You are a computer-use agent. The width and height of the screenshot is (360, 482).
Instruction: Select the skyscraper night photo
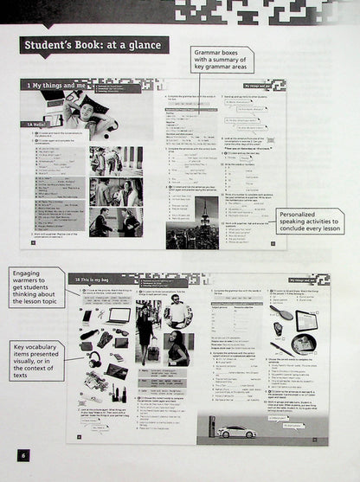tap(207, 221)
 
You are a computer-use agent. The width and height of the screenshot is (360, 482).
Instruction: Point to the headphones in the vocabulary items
tap(93, 357)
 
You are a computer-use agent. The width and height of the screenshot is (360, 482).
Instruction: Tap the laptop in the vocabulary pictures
tap(118, 315)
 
